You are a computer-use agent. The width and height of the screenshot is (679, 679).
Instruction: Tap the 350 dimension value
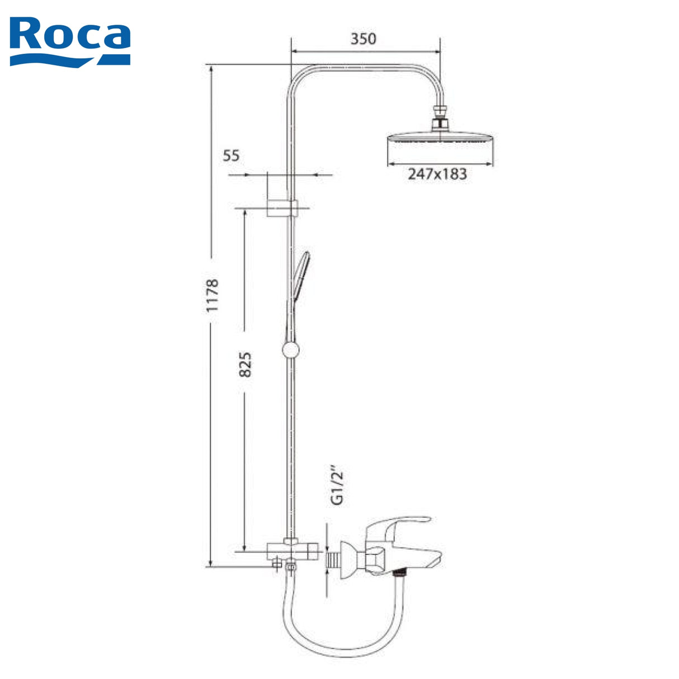pyautogui.click(x=363, y=39)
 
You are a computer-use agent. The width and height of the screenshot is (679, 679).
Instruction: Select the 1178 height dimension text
pyautogui.click(x=212, y=296)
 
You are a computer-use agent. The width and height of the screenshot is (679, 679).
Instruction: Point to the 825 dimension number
pyautogui.click(x=245, y=364)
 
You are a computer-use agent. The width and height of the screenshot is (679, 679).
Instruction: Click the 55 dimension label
pyautogui.click(x=231, y=155)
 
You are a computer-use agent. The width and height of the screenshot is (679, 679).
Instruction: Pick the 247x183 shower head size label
pyautogui.click(x=437, y=174)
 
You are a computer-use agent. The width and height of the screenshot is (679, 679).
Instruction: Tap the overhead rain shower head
pyautogui.click(x=440, y=139)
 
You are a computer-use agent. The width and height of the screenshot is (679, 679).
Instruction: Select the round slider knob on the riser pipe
pyautogui.click(x=291, y=350)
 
